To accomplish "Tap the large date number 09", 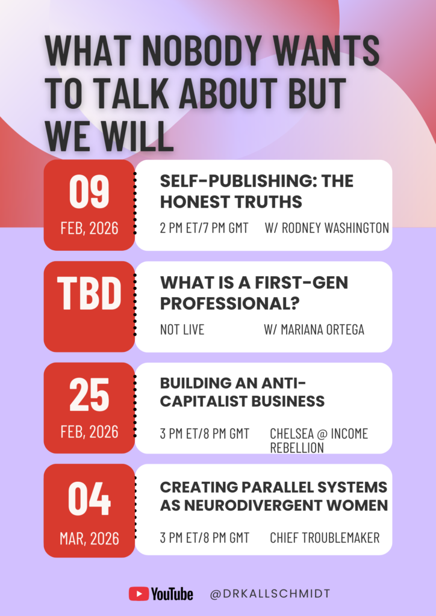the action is [89, 192].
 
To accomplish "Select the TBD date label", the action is [89, 293].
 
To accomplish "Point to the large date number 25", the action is [89, 395].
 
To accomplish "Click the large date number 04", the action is [89, 499].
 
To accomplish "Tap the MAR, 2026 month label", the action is [89, 538].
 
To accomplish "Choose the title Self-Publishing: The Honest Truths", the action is [257, 191].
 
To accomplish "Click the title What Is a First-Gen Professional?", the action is [254, 293].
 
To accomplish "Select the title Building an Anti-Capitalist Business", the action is [242, 392].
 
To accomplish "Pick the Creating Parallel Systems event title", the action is [273, 496].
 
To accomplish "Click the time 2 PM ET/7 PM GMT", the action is [204, 228].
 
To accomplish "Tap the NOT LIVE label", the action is [182, 330].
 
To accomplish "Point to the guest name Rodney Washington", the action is [327, 228].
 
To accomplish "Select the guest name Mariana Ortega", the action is [314, 330].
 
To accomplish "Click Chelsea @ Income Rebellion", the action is [319, 440].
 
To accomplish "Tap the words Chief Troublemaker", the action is [325, 538].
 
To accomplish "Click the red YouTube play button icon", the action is [139, 594].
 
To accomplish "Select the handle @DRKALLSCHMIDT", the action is [270, 594].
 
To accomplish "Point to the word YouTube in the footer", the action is [172, 594].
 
